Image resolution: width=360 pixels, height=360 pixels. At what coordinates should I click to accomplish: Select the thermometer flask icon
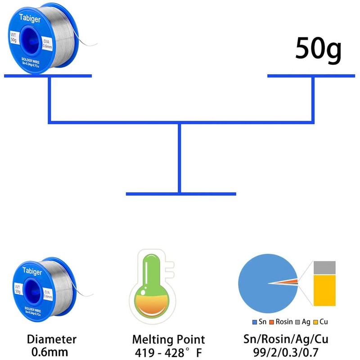click(148, 288)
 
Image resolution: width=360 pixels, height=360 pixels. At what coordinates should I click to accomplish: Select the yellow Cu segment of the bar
click(324, 291)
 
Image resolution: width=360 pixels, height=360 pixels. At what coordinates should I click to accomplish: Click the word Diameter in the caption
click(52, 339)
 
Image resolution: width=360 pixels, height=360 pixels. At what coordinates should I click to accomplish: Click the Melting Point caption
click(169, 339)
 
